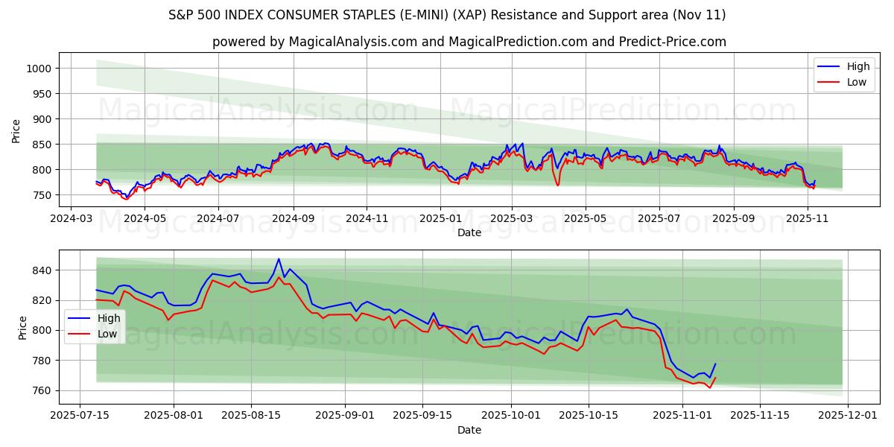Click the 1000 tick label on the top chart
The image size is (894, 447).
click(39, 69)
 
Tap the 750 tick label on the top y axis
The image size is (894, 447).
click(42, 195)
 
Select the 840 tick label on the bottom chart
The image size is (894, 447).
click(42, 270)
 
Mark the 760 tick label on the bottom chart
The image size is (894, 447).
click(42, 390)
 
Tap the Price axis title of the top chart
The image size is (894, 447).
click(16, 131)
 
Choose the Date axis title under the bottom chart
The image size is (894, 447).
click(469, 430)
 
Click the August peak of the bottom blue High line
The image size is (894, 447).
click(279, 259)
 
